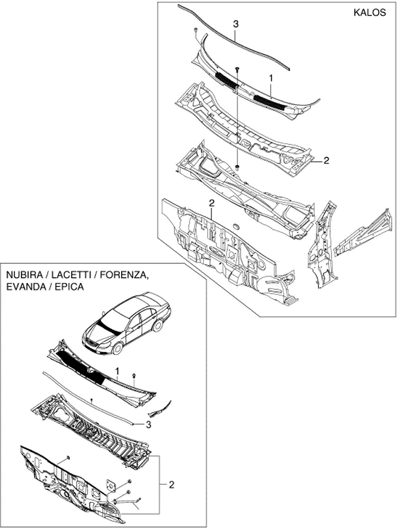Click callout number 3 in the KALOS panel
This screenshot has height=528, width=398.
pos(236,23)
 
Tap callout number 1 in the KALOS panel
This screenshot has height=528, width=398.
pos(271,77)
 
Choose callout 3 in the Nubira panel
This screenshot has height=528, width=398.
pos(148,424)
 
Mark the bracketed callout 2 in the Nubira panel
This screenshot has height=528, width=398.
pos(171,484)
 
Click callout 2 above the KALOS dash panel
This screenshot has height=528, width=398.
pos(211,203)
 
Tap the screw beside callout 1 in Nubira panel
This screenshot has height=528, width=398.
pos(133,376)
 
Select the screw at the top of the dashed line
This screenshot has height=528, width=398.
pos(237,69)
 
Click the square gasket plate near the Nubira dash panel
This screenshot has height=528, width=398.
pos(111,485)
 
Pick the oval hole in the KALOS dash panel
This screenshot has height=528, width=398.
pos(236,228)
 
